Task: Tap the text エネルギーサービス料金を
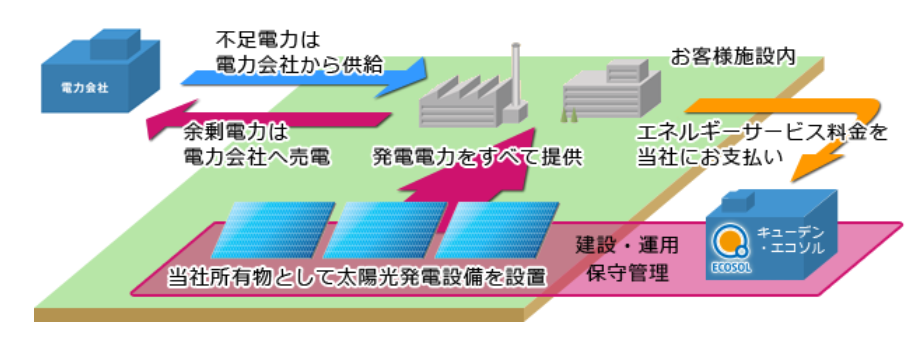[760, 132]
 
